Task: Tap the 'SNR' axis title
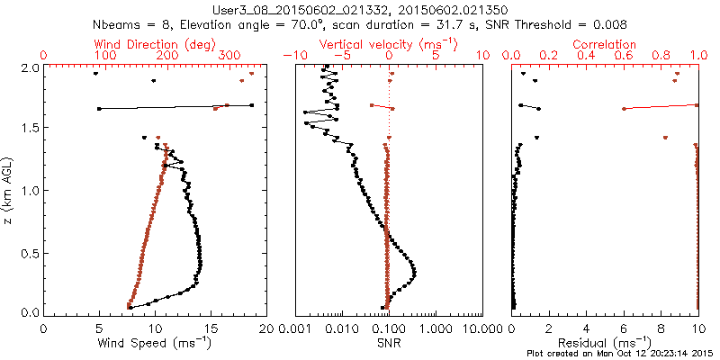point(389,342)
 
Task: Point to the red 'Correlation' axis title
point(605,44)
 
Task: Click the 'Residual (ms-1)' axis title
point(605,342)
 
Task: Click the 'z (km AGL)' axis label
point(10,189)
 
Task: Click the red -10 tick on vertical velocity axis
point(291,56)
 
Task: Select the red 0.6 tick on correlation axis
point(623,56)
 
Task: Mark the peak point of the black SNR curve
point(415,271)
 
